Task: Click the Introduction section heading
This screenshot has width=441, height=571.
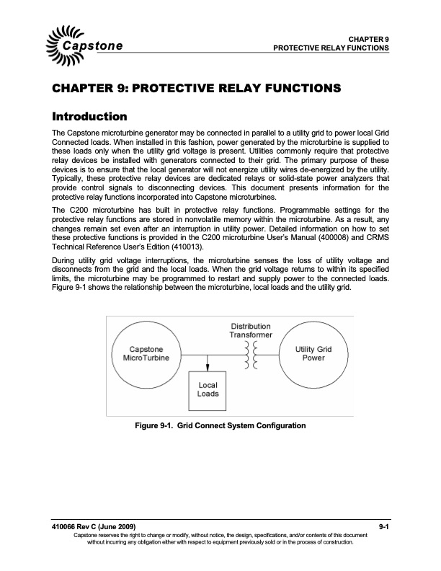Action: point(90,116)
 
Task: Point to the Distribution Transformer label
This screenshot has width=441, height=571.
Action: point(251,330)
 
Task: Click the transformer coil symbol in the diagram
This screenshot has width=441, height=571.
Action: point(251,354)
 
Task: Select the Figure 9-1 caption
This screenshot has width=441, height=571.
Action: point(220,425)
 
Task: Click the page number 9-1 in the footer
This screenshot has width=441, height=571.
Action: point(383,528)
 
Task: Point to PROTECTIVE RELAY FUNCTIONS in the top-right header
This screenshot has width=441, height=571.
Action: point(331,48)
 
